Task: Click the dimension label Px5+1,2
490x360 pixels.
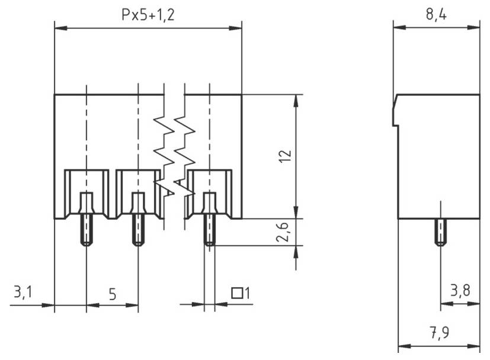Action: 148,15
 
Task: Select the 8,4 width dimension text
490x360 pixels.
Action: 436,15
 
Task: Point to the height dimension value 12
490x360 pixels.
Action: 285,156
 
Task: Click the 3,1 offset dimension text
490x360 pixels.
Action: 23,292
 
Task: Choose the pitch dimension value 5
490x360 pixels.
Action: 112,294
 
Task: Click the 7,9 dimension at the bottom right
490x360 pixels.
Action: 438,333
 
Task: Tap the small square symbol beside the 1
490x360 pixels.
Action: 236,292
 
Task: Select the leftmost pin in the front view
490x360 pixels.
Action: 87,228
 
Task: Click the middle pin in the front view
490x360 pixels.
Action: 138,228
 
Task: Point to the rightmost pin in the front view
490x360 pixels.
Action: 209,228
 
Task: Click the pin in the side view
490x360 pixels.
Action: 440,232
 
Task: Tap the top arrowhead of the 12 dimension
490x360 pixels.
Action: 294,98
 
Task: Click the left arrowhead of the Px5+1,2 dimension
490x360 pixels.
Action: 58,28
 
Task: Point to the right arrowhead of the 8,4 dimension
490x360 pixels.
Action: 476,27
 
